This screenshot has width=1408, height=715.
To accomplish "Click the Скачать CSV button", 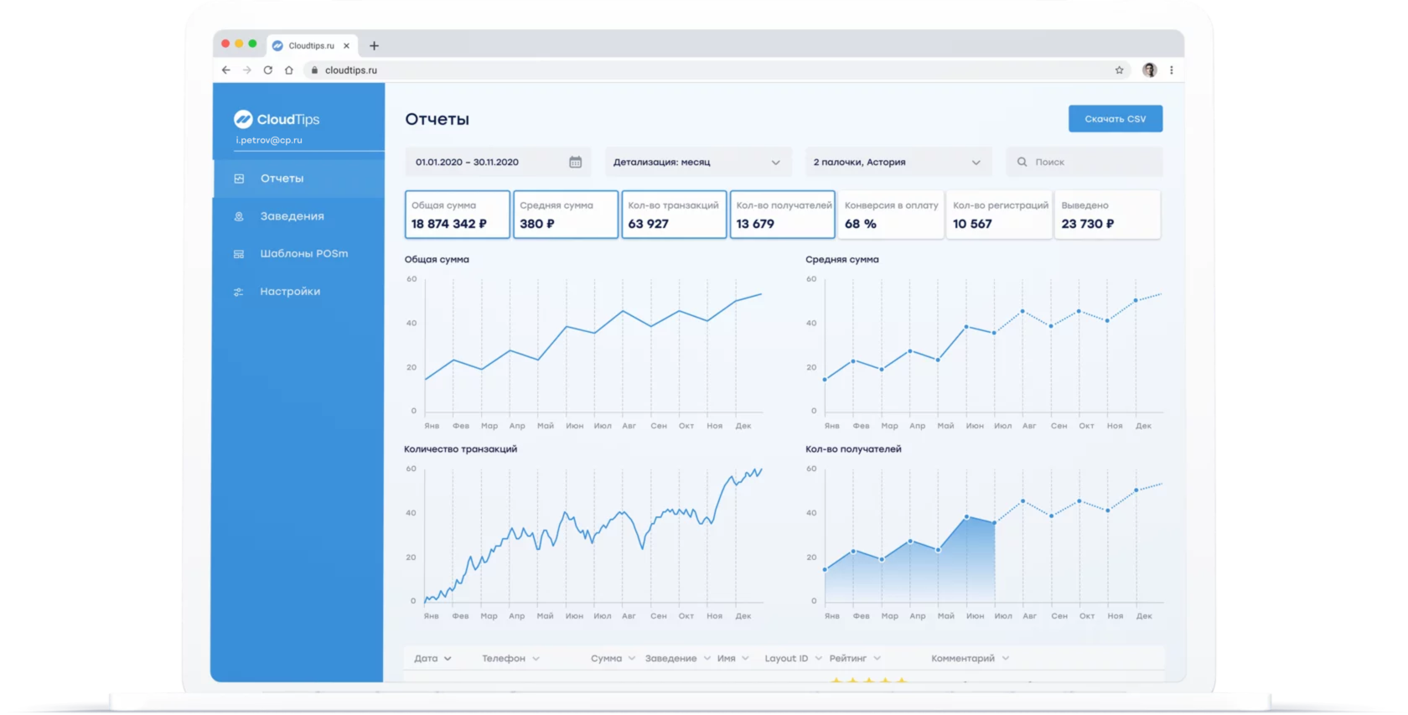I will click(x=1115, y=119).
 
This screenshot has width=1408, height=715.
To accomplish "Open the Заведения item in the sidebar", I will click(x=292, y=216).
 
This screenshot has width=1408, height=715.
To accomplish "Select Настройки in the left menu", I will click(x=290, y=292).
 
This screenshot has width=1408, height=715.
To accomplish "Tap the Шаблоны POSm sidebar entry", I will click(x=303, y=254).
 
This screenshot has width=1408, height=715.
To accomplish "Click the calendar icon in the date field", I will click(x=576, y=162).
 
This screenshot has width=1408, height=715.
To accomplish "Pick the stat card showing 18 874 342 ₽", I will click(x=457, y=215).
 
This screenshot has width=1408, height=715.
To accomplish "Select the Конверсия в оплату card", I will click(x=890, y=215).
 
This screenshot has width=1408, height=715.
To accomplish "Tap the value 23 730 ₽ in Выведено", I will click(x=1087, y=224).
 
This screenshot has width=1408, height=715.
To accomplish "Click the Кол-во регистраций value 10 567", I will click(x=972, y=224).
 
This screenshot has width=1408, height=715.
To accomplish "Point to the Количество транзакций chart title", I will click(x=460, y=449).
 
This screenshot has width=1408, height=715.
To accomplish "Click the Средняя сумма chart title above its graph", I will click(x=841, y=260).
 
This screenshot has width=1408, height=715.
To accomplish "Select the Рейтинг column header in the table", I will click(x=848, y=659).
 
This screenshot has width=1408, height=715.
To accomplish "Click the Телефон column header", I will click(x=504, y=659).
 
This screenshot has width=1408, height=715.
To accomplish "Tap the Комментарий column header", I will click(x=963, y=659).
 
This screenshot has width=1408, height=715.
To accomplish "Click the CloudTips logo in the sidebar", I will click(x=277, y=119).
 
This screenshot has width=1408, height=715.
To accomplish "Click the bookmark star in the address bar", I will click(x=1119, y=70).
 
